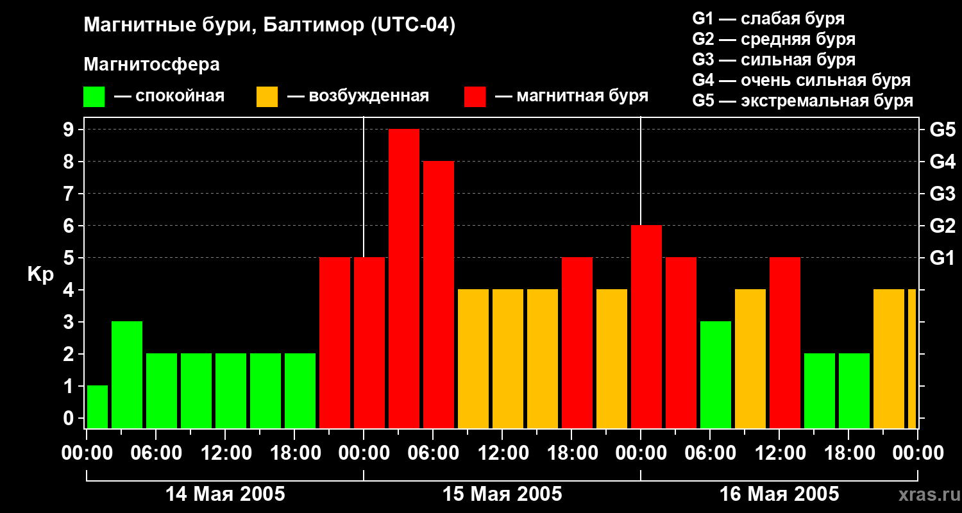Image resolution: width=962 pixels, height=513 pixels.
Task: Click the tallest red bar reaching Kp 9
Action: click(x=404, y=278)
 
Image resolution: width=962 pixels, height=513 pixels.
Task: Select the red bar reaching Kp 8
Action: click(x=439, y=294)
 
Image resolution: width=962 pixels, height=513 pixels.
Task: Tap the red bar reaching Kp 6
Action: click(x=646, y=326)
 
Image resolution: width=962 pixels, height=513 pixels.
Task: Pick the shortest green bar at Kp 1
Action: click(x=97, y=407)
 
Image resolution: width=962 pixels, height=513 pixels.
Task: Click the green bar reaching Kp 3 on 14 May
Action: click(x=127, y=374)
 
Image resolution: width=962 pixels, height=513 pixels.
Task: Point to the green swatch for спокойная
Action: click(x=94, y=97)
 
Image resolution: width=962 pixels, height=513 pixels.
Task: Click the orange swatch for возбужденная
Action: click(x=267, y=97)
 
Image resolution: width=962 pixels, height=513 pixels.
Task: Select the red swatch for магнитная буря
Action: click(x=475, y=97)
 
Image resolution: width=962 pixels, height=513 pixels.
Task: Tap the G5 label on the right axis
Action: click(x=942, y=130)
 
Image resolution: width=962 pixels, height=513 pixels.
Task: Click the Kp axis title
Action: click(x=40, y=274)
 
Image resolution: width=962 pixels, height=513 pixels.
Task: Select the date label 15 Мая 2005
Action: click(x=502, y=494)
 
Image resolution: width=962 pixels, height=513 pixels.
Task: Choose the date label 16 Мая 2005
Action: click(x=779, y=494)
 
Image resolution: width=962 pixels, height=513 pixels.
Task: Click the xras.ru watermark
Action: click(x=927, y=494)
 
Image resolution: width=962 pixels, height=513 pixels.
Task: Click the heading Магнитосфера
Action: click(x=151, y=65)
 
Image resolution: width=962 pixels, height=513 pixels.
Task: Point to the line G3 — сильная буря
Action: click(x=773, y=60)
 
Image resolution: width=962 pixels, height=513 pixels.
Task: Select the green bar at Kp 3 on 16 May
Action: click(x=716, y=374)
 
